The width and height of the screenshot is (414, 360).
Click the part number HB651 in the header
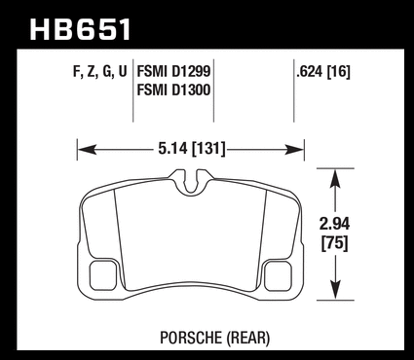click(x=81, y=29)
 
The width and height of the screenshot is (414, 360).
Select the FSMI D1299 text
click(x=173, y=71)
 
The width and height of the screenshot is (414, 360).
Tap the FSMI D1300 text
click(x=173, y=90)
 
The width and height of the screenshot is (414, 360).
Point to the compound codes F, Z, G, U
click(x=99, y=72)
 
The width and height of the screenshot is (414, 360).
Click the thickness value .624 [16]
click(x=323, y=72)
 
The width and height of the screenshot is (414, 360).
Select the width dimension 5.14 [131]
click(x=192, y=149)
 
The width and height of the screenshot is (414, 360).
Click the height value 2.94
click(x=334, y=225)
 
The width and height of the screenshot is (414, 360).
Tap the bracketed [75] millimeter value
click(x=334, y=243)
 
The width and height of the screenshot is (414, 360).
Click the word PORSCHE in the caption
click(x=191, y=338)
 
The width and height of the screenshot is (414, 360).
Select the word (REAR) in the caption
click(x=248, y=338)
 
